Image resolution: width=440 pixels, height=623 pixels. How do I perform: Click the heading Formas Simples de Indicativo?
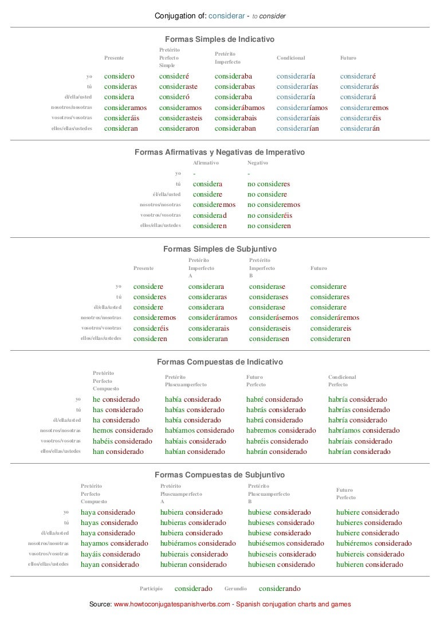tap(219, 39)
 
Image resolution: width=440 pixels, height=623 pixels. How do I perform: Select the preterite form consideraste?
tap(178, 87)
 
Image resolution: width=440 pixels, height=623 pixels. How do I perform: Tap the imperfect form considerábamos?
tap(239, 108)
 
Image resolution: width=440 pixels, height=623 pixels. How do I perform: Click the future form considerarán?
tap(360, 128)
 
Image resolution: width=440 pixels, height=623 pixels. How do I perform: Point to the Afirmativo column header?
tap(206, 163)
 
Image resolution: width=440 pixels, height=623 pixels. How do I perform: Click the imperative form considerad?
tap(210, 215)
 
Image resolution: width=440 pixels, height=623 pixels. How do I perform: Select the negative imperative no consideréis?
tap(270, 215)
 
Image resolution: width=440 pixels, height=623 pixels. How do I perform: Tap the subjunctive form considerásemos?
tap(274, 318)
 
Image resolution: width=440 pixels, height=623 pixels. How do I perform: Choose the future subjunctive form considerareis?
tap(331, 328)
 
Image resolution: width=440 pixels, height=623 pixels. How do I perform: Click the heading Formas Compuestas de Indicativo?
tap(219, 362)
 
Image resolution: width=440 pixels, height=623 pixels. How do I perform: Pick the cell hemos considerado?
tap(122, 430)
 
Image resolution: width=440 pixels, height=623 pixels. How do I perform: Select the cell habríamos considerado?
tap(364, 430)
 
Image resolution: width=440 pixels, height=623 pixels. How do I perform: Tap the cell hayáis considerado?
tap(110, 554)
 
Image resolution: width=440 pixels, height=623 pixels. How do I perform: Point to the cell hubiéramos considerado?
tap(198, 543)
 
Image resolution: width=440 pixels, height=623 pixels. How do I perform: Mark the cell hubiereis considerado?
tap(370, 554)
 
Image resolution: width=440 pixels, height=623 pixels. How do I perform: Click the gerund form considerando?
tap(280, 589)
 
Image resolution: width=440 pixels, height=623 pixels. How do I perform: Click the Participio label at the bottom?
tap(151, 589)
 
